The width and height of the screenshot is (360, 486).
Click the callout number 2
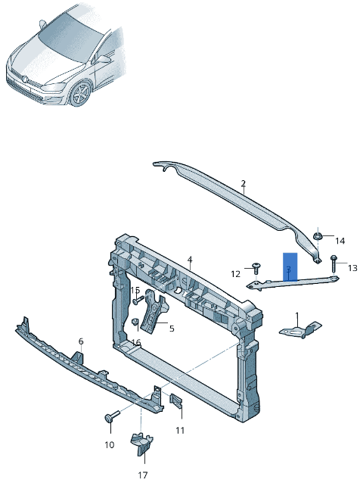[x=244, y=183]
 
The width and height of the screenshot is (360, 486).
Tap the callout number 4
[x=190, y=260]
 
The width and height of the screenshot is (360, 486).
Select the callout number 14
[x=340, y=241]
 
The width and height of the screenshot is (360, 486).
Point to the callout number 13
[x=352, y=268]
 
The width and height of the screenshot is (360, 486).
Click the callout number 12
[x=235, y=274]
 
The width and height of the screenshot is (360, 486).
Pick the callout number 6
[x=81, y=342]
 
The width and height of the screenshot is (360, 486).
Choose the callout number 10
[x=109, y=444]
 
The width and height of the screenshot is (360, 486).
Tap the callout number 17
[x=143, y=475]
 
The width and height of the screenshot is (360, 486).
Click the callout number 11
[x=180, y=430]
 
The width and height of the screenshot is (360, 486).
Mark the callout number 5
[x=172, y=329]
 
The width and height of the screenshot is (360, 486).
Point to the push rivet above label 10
[x=113, y=416]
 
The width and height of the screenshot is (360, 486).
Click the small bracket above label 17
[x=141, y=444]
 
